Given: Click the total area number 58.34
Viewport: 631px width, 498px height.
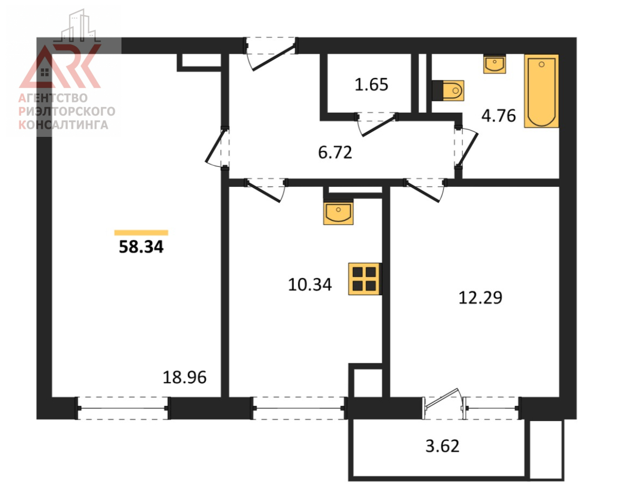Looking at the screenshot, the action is click(x=141, y=247).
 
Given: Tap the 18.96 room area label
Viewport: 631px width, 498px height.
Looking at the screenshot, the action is click(x=185, y=377).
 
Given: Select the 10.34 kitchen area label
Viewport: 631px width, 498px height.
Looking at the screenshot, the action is click(x=310, y=284).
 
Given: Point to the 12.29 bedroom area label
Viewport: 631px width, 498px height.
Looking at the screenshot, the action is click(x=480, y=297).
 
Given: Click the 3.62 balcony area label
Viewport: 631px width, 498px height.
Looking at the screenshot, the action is click(x=442, y=446).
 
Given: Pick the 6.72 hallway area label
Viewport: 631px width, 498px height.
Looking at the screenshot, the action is click(x=335, y=153).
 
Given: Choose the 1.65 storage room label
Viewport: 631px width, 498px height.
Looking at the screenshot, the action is click(x=371, y=85).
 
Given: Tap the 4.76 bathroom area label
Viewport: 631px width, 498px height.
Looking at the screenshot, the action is click(x=498, y=116).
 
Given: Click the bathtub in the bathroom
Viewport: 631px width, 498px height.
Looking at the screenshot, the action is click(x=542, y=91).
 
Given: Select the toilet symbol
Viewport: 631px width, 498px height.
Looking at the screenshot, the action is click(x=448, y=91).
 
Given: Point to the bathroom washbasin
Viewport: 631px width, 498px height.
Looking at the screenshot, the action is click(x=495, y=64).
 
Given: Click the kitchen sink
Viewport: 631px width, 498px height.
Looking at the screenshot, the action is click(x=338, y=212).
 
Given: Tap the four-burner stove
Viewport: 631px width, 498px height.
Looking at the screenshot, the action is click(x=365, y=279).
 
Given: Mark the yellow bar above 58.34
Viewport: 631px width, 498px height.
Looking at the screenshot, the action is click(x=141, y=233).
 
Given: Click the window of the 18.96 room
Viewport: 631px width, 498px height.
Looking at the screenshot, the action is click(x=123, y=408).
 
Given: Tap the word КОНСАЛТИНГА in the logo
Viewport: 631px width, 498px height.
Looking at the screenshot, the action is click(x=64, y=125).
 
